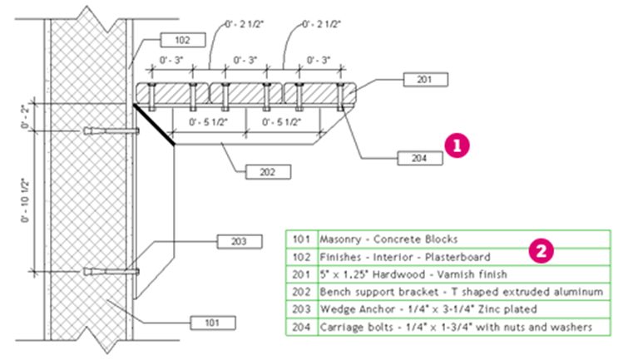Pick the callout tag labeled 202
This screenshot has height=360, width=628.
pyautogui.click(x=269, y=172)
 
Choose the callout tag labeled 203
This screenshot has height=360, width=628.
pyautogui.click(x=237, y=241)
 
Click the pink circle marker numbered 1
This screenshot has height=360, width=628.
pyautogui.click(x=457, y=144)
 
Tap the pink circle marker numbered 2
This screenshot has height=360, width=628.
pyautogui.click(x=541, y=249)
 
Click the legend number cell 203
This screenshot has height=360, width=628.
pyautogui.click(x=300, y=310)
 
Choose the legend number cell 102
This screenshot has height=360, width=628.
pyautogui.click(x=300, y=257)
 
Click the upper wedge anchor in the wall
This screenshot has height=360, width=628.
pyautogui.click(x=110, y=131)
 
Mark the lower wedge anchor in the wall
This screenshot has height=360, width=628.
pyautogui.click(x=111, y=270)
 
